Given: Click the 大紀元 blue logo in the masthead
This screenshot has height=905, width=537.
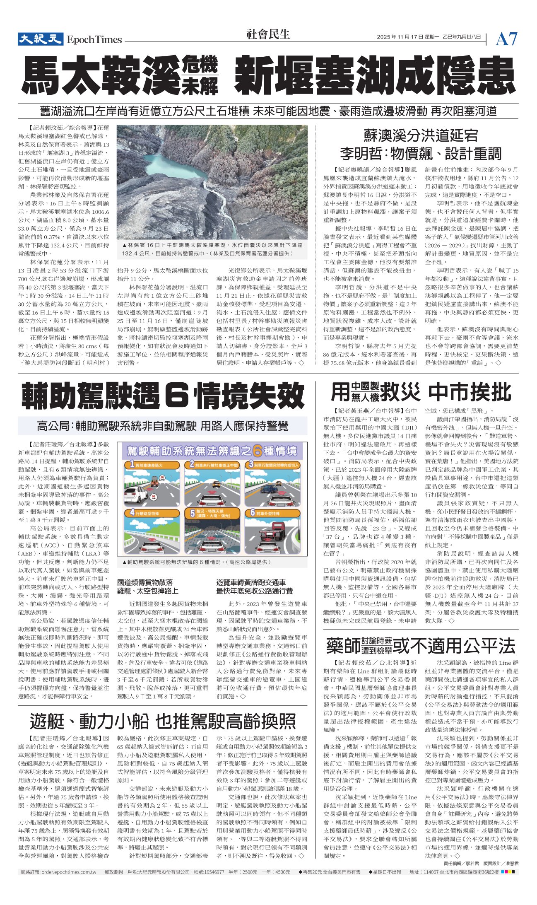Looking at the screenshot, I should point(40,39).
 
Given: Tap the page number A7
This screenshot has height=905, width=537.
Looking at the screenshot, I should point(506,39).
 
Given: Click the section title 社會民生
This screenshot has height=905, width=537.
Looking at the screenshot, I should point(268,34).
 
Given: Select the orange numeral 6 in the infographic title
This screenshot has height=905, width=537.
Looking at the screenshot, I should point(258,451).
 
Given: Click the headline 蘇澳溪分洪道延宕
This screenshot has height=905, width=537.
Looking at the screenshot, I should point(420,135).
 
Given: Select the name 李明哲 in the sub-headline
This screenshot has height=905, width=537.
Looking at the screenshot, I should point(359,154).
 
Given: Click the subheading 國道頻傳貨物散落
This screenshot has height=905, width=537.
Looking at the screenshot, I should point(145,582).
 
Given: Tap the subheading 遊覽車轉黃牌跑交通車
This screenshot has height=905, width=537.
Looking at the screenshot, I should point(251,582).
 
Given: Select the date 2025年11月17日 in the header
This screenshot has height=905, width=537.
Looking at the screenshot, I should point(400,37).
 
